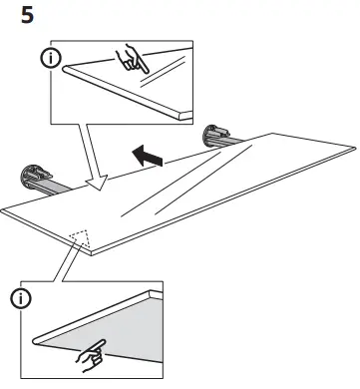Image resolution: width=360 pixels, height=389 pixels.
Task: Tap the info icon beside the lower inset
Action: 21,295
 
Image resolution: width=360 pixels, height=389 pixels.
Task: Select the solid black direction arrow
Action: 147,156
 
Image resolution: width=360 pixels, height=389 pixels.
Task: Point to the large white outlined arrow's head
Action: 98,186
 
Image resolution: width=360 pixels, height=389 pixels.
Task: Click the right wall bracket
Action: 217,136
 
